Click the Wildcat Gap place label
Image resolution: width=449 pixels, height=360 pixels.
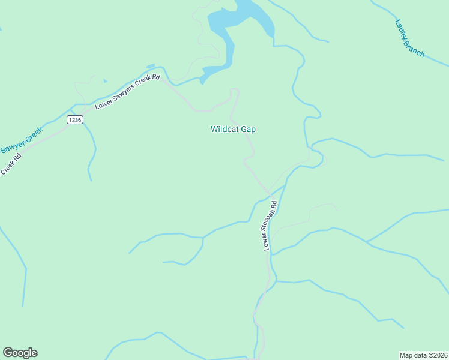[233, 129]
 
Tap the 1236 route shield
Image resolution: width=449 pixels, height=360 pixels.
[74, 120]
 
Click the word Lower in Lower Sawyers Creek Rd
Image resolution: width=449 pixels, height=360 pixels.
[103, 105]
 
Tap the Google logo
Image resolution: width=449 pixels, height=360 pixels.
[20, 353]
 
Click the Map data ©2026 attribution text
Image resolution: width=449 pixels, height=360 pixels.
[423, 355]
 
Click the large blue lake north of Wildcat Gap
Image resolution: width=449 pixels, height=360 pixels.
[240, 24]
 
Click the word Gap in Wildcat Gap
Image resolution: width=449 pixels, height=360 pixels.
[248, 129]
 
